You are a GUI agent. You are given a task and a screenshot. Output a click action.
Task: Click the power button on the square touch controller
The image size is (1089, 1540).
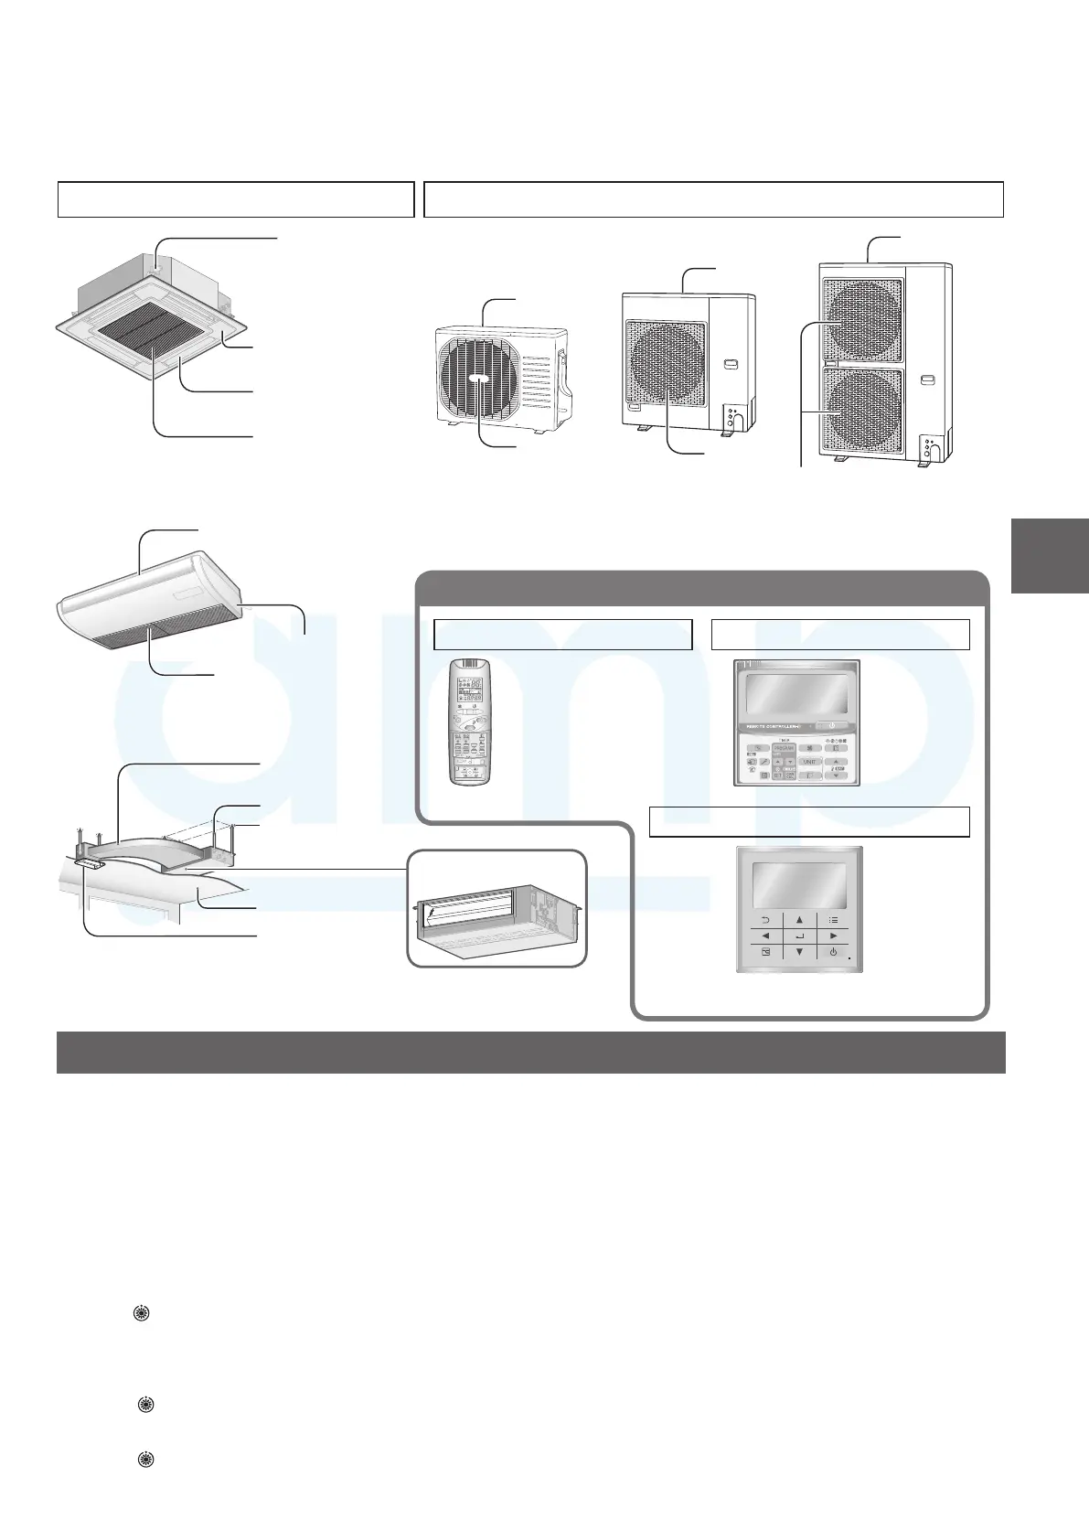tap(833, 953)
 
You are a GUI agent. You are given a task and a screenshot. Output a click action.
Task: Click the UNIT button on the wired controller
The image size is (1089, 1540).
tap(808, 761)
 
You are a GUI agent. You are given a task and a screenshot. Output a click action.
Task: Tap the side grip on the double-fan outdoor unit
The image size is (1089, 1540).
tap(929, 379)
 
